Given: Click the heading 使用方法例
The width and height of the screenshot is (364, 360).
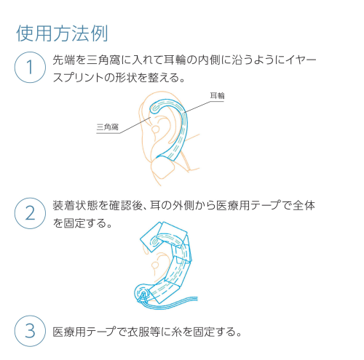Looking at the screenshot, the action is [x=62, y=33].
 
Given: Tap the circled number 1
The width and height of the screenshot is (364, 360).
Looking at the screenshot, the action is [x=30, y=67].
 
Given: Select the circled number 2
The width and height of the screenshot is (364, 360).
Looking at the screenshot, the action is [x=30, y=213].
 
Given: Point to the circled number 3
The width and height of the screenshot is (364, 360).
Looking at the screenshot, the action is [x=30, y=331].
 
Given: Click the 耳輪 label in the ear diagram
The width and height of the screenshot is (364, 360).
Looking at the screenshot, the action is [x=217, y=96].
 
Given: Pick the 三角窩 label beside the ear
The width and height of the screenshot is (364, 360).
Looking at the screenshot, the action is [x=108, y=127].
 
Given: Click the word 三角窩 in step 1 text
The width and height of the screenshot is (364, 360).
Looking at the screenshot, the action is [x=103, y=60].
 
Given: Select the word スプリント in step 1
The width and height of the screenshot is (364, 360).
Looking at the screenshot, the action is [x=79, y=78].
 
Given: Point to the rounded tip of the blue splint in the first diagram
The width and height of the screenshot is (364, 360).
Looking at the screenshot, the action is [x=154, y=108].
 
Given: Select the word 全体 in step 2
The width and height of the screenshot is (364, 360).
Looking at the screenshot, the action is [x=304, y=206].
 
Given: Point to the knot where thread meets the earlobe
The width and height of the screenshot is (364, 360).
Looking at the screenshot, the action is [x=143, y=295].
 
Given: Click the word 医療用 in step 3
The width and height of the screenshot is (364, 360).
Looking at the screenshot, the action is [x=70, y=332].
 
